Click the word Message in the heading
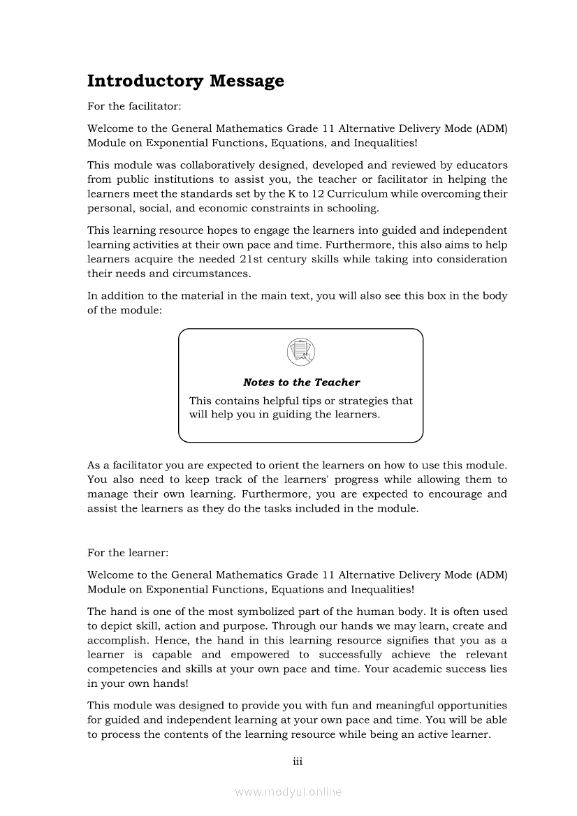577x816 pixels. [247, 81]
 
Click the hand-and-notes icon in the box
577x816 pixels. [300, 350]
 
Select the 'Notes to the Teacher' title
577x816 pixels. [301, 383]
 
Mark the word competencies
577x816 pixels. [122, 669]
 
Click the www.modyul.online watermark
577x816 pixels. [288, 792]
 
